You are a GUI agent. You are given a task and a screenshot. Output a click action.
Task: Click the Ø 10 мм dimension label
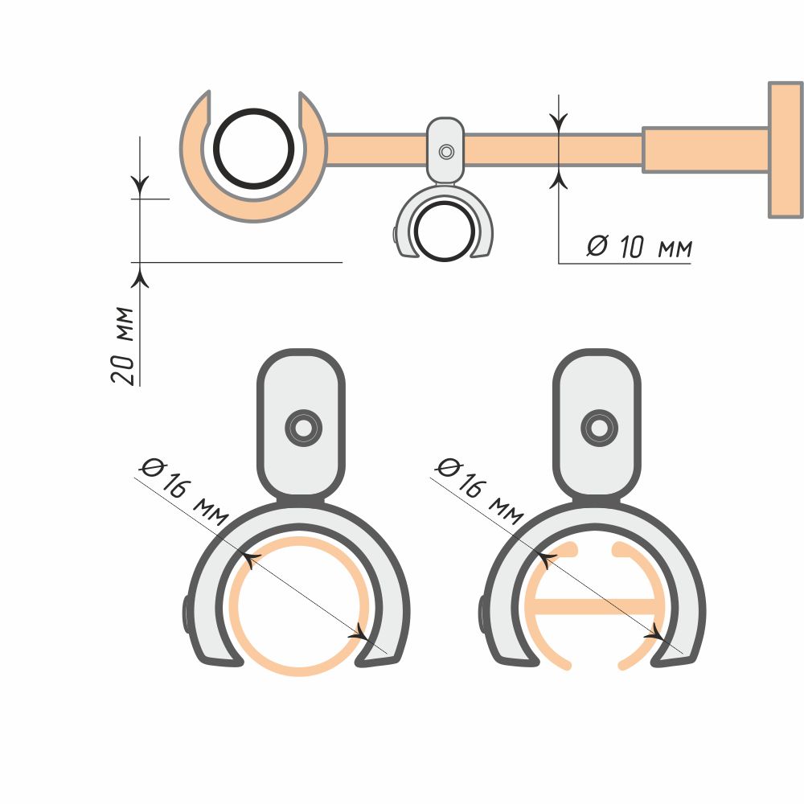(639, 247)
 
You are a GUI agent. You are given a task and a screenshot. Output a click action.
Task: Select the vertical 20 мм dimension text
(123, 345)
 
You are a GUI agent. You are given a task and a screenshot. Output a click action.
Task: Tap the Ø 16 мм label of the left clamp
(183, 491)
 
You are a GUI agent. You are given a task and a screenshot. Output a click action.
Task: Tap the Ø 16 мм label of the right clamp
(479, 491)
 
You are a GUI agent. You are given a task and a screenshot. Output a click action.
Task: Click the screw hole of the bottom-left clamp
(304, 428)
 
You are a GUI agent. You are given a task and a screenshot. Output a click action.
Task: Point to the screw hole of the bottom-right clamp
(599, 428)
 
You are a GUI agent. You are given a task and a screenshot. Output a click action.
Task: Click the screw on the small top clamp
(446, 152)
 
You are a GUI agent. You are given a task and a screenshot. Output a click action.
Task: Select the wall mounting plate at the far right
(785, 150)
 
